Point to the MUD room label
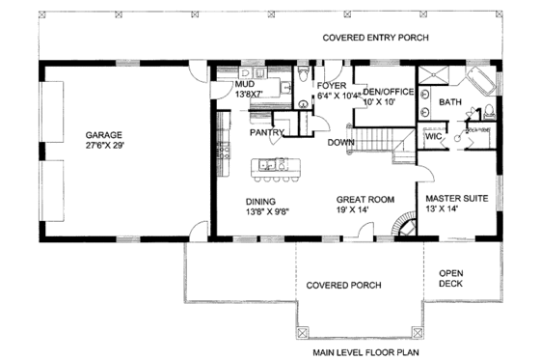pos(245,84)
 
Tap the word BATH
pos(450,101)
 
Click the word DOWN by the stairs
pos(340,142)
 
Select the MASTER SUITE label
pos(456,198)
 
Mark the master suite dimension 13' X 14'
pos(456,209)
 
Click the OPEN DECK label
pos(451,278)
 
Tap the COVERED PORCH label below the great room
pos(343,285)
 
